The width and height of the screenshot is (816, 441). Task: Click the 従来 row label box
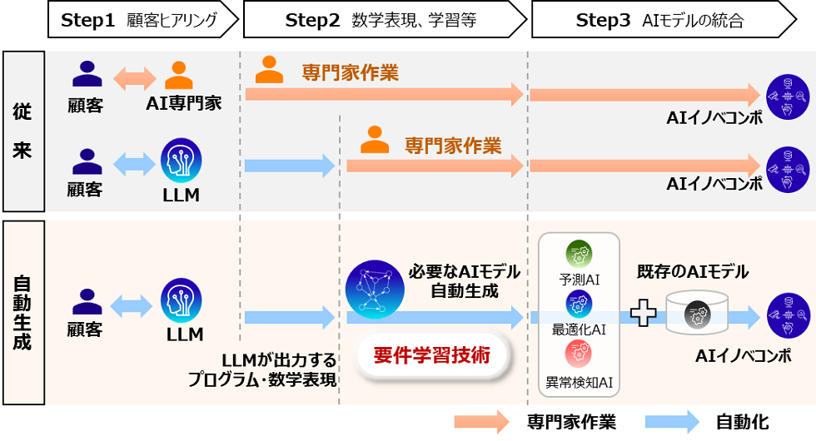click(x=22, y=131)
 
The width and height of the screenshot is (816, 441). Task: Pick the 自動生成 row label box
click(x=22, y=312)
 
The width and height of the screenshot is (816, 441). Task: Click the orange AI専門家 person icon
click(x=179, y=76)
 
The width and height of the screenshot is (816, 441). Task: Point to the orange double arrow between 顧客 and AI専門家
click(x=134, y=78)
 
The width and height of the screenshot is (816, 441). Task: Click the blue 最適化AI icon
click(x=578, y=303)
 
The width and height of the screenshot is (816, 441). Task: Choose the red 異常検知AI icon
click(x=578, y=353)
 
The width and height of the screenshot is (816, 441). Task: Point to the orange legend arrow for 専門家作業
click(x=481, y=422)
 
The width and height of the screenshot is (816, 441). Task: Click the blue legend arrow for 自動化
click(x=673, y=422)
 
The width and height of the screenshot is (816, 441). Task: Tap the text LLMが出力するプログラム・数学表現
click(x=261, y=370)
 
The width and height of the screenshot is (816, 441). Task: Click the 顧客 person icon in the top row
click(x=87, y=76)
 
